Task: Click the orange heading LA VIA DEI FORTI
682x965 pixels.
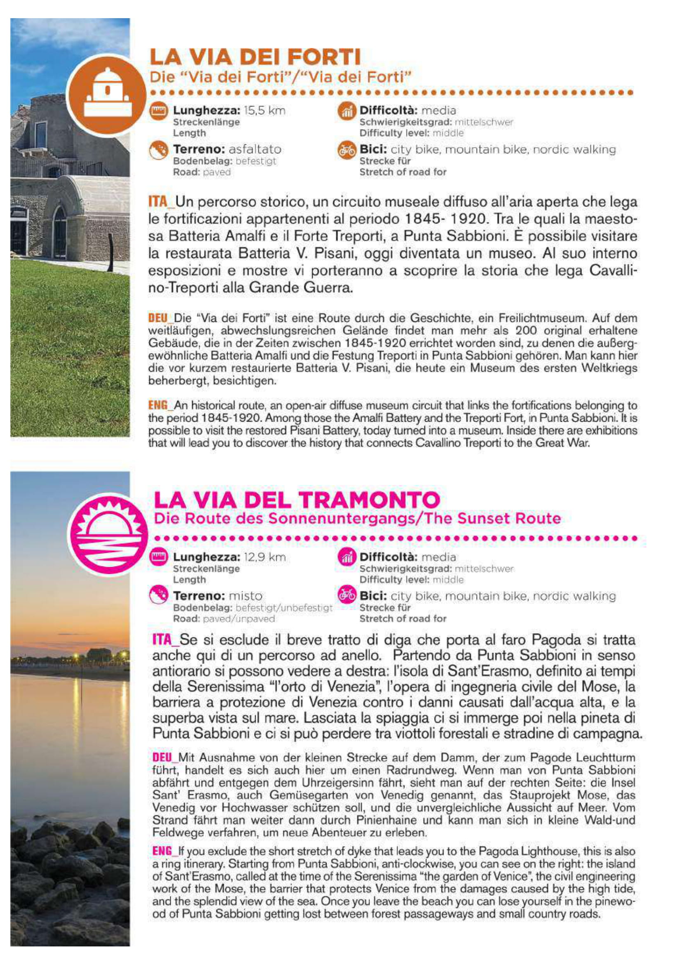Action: click(x=255, y=57)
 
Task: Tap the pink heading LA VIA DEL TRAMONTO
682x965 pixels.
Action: click(x=296, y=500)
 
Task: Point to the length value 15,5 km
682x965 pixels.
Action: click(x=265, y=111)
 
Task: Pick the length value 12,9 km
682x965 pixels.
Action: click(x=265, y=558)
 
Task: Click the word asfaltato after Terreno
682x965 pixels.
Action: click(x=255, y=149)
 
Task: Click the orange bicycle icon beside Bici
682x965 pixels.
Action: click(x=347, y=150)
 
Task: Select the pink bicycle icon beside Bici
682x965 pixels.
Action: click(x=347, y=596)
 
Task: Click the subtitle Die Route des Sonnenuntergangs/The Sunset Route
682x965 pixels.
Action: click(x=357, y=519)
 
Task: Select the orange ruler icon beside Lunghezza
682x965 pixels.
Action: click(x=159, y=111)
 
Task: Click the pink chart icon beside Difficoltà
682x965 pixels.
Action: click(x=347, y=558)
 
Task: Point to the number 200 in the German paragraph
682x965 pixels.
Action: click(x=526, y=331)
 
